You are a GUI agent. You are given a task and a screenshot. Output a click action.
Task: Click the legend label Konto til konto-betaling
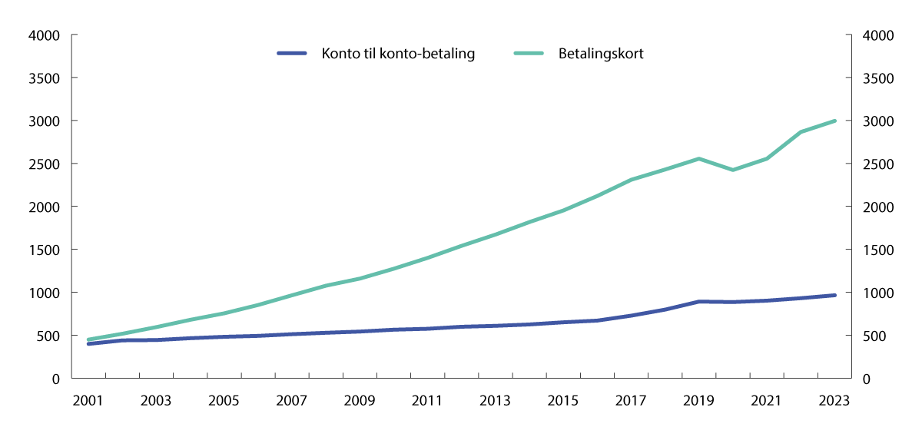pyautogui.click(x=398, y=54)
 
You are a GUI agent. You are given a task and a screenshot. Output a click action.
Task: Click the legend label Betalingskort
pyautogui.click(x=601, y=54)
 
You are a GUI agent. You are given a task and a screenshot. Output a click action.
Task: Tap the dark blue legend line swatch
pyautogui.click(x=291, y=54)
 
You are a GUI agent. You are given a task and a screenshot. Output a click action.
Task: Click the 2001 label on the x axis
pyautogui.click(x=88, y=401)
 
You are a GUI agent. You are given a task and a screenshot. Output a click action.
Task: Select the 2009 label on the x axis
pyautogui.click(x=360, y=401)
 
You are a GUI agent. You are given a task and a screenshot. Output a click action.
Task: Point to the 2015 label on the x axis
pyautogui.click(x=563, y=401)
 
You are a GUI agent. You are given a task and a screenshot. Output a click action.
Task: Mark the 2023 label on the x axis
pyautogui.click(x=834, y=401)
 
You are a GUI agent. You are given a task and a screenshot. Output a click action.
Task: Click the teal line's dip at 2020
pyautogui.click(x=732, y=170)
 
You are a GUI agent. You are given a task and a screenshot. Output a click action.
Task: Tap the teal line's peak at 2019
pyautogui.click(x=698, y=159)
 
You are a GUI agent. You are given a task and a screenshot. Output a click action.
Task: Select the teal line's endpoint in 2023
pyautogui.click(x=834, y=121)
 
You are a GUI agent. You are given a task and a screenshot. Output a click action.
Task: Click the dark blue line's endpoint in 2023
pyautogui.click(x=834, y=295)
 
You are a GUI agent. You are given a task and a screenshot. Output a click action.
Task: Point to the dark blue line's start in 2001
pyautogui.click(x=88, y=343)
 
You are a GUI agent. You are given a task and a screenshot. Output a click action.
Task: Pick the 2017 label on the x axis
pyautogui.click(x=631, y=401)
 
